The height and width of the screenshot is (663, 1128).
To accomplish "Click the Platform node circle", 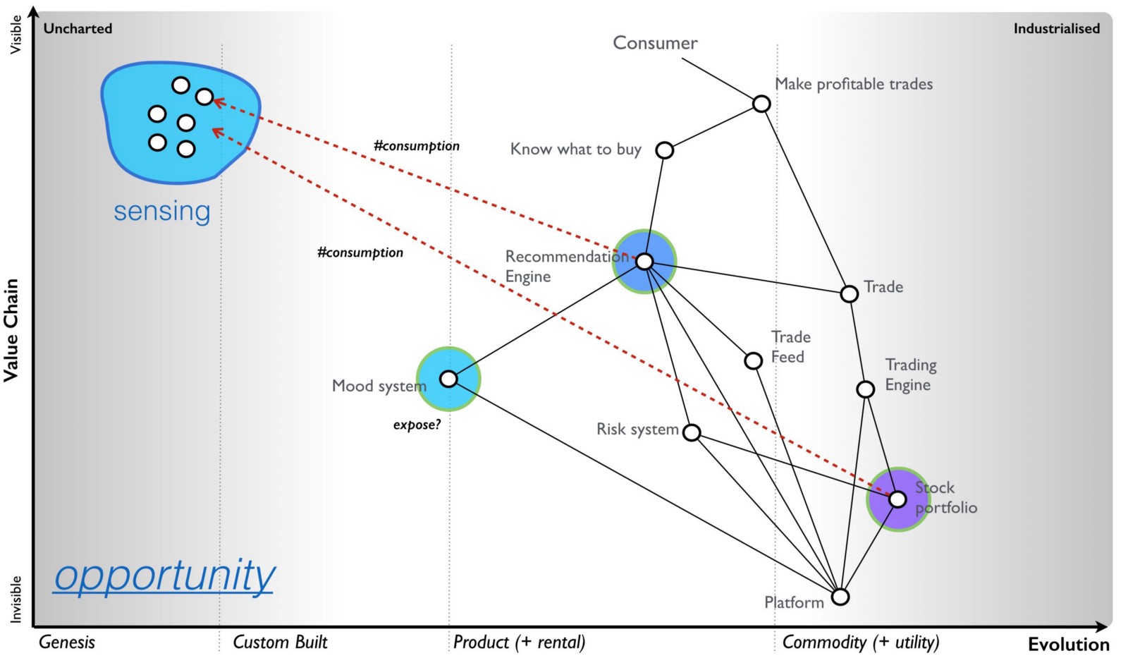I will click(840, 597).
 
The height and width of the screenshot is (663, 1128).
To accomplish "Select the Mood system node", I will click(448, 379).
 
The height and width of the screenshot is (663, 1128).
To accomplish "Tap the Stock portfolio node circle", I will click(897, 499).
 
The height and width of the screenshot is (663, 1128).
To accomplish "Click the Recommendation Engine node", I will click(644, 262).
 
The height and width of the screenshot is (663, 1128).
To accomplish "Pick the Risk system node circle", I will click(692, 432).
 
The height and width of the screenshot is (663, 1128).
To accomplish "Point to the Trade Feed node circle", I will click(753, 360).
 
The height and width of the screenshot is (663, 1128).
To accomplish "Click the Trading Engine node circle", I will click(865, 389).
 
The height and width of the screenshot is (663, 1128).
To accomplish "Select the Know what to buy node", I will click(664, 150).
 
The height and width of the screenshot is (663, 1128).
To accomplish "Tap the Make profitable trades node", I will click(761, 104).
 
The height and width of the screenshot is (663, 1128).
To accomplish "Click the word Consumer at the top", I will click(655, 43).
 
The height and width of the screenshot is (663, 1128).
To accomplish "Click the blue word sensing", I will click(162, 211).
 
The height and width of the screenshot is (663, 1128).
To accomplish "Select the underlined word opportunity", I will click(164, 576).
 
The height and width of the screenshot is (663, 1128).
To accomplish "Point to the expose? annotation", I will click(417, 425).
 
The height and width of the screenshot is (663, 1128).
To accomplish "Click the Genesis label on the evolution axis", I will click(67, 642).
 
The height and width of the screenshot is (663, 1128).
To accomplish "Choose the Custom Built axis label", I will click(280, 642).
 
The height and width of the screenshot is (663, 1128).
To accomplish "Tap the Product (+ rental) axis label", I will click(519, 642).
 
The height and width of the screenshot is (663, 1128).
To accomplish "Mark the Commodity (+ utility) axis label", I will click(860, 642).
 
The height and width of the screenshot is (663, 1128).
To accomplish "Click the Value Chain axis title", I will click(11, 330).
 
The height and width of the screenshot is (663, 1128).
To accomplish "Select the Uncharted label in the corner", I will click(78, 28).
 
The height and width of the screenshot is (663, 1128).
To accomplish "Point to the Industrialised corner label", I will click(1056, 28).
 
